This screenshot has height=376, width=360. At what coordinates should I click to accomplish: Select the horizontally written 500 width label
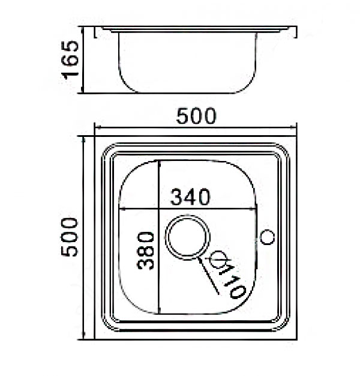(196, 117)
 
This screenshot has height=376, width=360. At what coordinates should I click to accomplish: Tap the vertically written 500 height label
(71, 237)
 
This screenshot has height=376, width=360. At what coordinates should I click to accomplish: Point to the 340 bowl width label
(190, 196)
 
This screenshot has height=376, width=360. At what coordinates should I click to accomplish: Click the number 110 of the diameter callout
(232, 281)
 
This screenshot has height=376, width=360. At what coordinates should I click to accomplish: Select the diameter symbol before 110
(218, 259)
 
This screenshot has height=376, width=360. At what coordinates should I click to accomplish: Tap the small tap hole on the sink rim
(268, 237)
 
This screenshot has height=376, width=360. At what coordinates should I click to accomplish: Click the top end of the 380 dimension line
(158, 161)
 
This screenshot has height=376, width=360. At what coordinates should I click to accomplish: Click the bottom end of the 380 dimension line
(158, 313)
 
